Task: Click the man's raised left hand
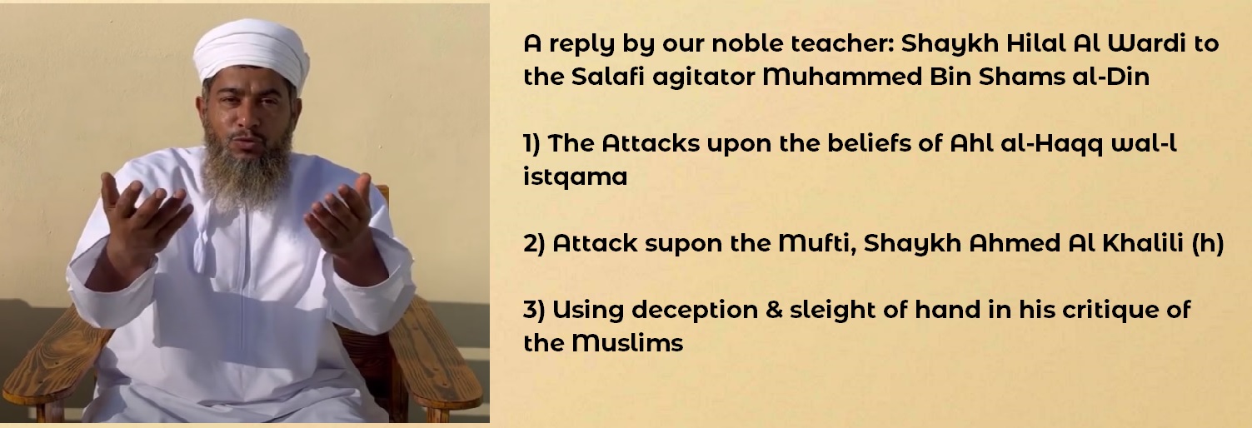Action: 340,215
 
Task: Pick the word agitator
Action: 704,78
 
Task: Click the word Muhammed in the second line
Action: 841,77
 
